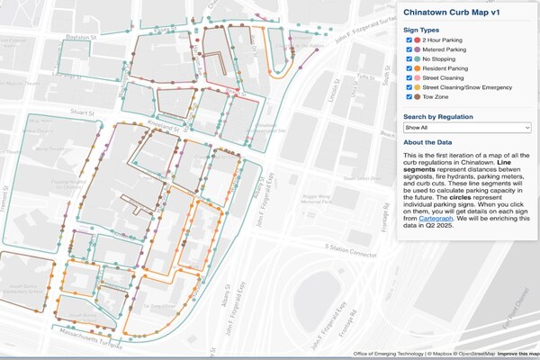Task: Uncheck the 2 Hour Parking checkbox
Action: [x=409, y=40]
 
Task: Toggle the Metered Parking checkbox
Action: [x=409, y=52]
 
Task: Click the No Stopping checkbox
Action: [x=409, y=64]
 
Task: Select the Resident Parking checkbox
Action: [x=409, y=76]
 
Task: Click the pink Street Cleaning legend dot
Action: [x=418, y=87]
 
